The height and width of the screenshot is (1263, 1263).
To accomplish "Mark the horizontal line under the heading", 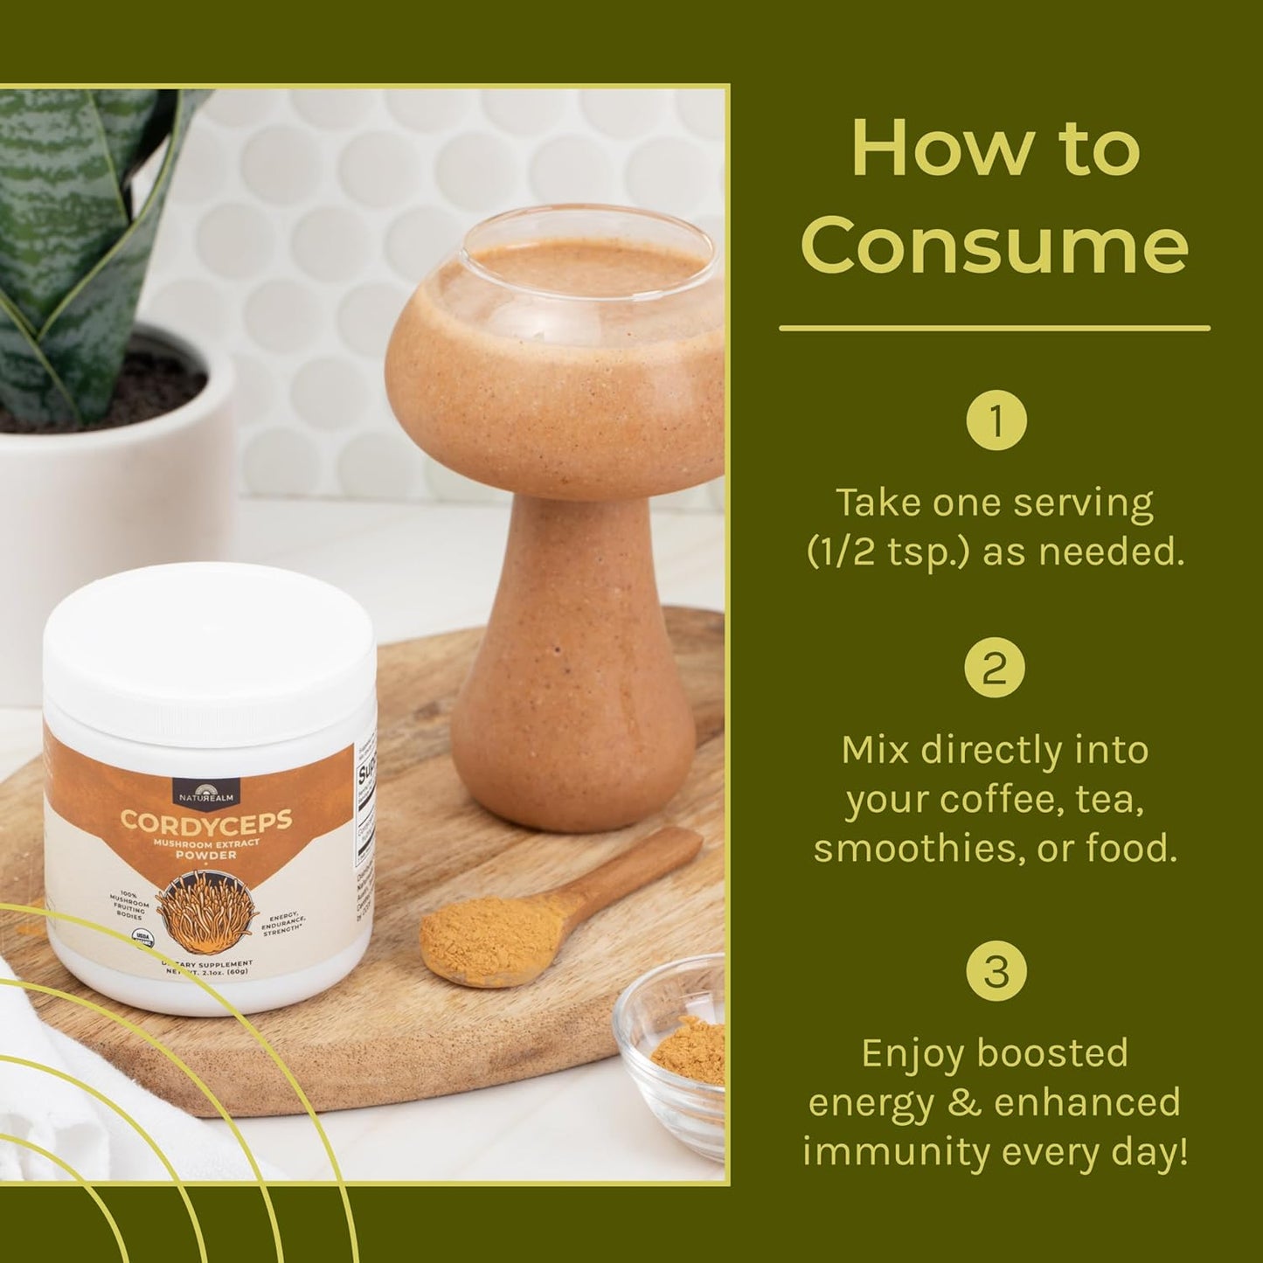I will (x=994, y=330).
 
